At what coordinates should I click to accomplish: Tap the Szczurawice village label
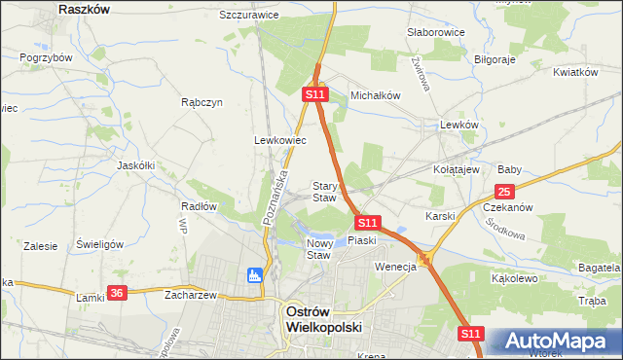249,16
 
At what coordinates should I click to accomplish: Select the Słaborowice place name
435,32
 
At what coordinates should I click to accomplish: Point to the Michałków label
376,95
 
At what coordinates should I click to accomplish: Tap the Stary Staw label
324,192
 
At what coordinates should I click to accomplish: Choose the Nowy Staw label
320,249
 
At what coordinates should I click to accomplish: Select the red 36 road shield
117,292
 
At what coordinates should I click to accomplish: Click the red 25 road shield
504,192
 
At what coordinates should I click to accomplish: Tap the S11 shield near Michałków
313,94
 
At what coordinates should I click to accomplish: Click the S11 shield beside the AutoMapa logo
471,333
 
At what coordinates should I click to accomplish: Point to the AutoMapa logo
556,342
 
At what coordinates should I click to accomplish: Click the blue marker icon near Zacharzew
255,275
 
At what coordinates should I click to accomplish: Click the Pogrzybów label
46,57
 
